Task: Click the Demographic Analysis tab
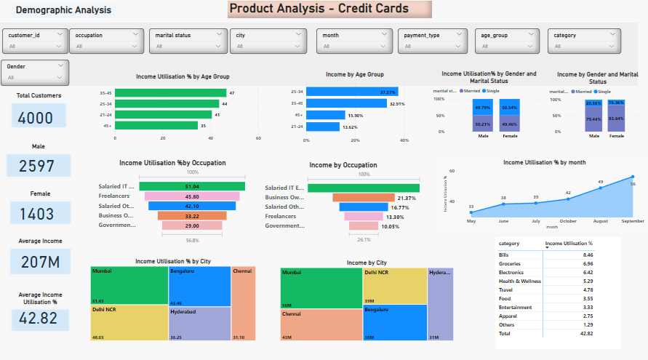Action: pos(63,10)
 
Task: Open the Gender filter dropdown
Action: pos(36,71)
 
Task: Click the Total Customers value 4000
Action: pos(36,119)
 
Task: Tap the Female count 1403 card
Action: pos(36,214)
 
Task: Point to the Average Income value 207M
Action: pos(36,261)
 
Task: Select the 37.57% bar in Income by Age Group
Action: pos(351,92)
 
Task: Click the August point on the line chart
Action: pos(601,188)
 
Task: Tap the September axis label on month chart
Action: pos(632,220)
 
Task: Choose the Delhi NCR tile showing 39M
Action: pos(394,285)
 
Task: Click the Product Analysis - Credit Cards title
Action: pos(329,9)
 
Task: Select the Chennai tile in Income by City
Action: pos(321,324)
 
